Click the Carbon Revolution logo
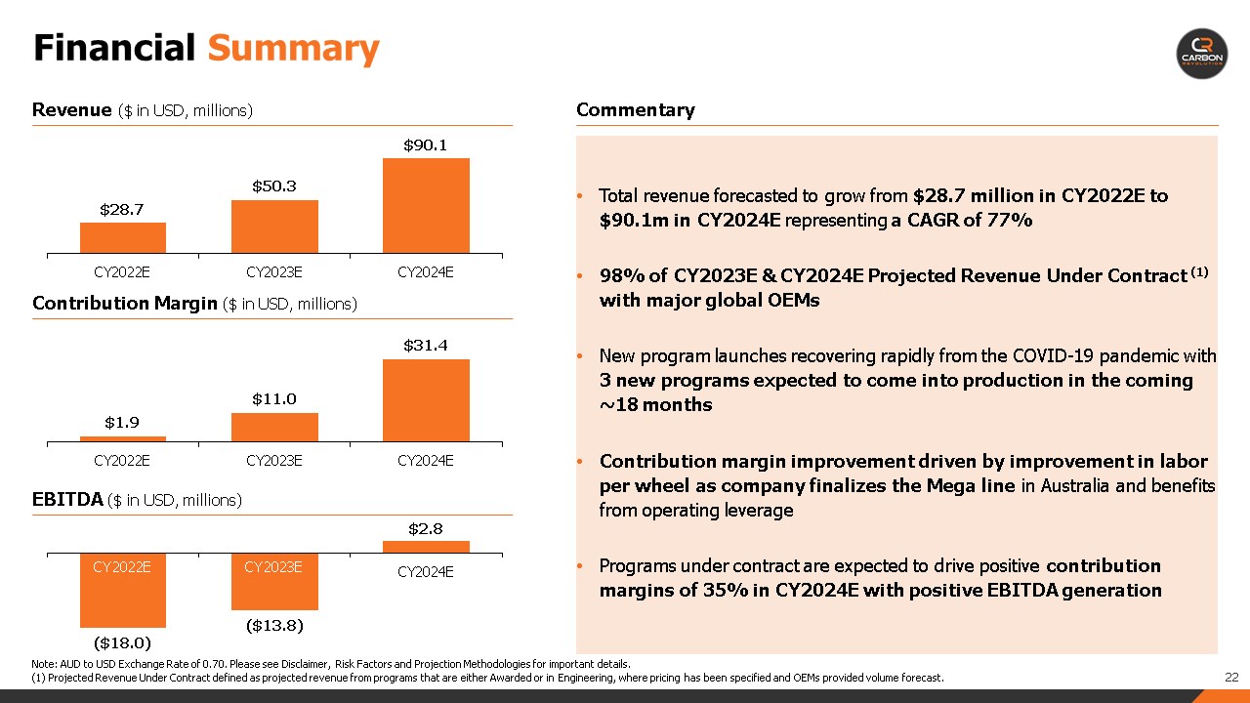[x=1202, y=54]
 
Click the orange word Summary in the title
[x=294, y=49]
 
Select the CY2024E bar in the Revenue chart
[x=426, y=206]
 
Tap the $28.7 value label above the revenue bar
[x=122, y=210]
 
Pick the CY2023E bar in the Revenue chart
[x=274, y=227]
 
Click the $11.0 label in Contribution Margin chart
[x=274, y=399]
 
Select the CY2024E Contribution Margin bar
[x=426, y=400]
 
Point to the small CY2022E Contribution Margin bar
[x=123, y=439]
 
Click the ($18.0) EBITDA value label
[x=122, y=643]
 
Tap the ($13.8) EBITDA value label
[x=274, y=626]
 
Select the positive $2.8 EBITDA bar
[x=426, y=547]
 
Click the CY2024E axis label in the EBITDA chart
[x=425, y=572]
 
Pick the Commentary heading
[x=636, y=110]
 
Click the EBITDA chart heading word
[x=67, y=499]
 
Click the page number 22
[x=1231, y=678]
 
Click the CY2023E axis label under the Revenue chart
[x=274, y=272]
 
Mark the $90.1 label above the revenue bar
[x=425, y=145]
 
